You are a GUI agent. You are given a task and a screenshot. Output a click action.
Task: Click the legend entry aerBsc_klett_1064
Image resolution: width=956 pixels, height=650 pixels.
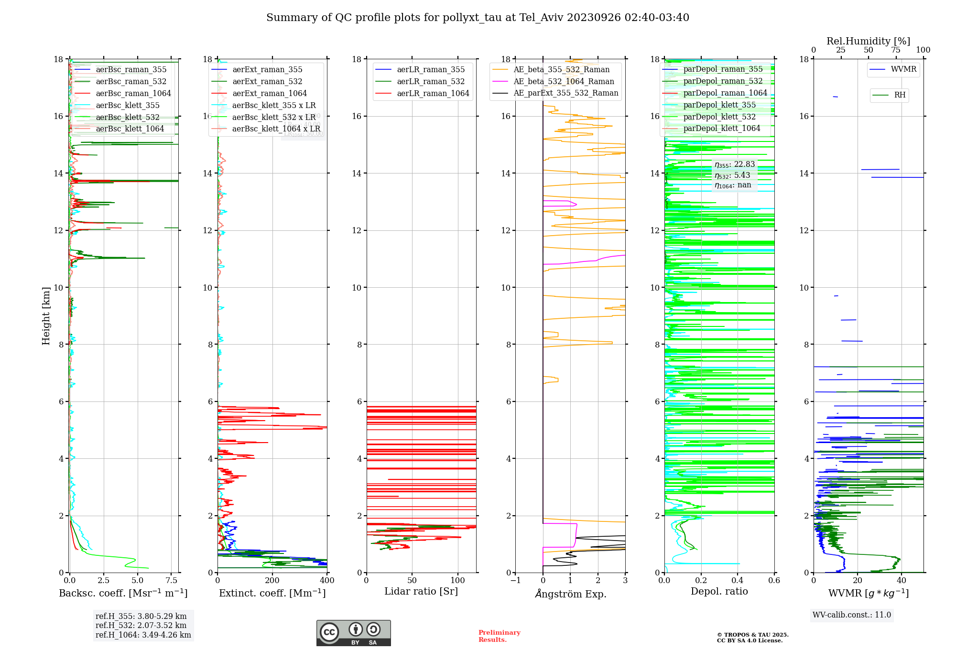pos(130,129)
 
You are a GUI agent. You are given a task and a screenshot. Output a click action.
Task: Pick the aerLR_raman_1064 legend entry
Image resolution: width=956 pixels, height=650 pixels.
pos(433,94)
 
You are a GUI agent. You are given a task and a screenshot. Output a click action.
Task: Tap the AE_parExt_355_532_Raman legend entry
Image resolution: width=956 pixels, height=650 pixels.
pos(565,93)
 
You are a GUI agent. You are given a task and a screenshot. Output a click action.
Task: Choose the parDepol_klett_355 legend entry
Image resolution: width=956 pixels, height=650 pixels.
pos(719,105)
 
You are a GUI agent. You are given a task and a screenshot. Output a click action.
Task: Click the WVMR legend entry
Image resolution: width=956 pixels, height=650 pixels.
pos(903,69)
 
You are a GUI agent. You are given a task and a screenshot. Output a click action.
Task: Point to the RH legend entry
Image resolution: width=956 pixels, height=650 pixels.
pos(899,95)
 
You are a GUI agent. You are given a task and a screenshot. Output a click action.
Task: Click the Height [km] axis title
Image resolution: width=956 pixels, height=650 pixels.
pos(46,316)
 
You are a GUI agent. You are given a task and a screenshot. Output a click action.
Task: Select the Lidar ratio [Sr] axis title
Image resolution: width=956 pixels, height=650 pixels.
pos(421,592)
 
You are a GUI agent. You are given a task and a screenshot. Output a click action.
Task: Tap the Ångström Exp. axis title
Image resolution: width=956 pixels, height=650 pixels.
pos(570,594)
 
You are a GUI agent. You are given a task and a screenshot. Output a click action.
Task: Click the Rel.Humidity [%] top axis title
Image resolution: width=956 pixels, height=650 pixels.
pos(868,41)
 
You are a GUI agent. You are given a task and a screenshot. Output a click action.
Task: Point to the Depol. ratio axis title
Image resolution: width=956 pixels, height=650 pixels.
pos(719,592)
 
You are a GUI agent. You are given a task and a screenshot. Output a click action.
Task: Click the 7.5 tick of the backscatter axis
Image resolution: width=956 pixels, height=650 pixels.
pos(171,581)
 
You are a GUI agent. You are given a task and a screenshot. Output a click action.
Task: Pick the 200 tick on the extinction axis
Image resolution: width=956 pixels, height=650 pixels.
pos(272,581)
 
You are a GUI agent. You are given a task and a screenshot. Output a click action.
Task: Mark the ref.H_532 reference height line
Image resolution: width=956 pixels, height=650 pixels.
pos(141,626)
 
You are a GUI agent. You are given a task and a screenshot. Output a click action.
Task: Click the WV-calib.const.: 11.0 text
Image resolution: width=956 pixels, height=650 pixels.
pos(851,615)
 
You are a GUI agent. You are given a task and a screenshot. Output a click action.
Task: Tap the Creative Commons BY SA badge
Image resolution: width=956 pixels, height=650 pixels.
pos(353,633)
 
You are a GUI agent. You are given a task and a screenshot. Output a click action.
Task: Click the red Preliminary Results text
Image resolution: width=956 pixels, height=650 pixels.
pos(499,636)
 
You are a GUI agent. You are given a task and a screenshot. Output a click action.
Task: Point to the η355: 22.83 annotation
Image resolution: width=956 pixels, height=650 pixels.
pos(734,165)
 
